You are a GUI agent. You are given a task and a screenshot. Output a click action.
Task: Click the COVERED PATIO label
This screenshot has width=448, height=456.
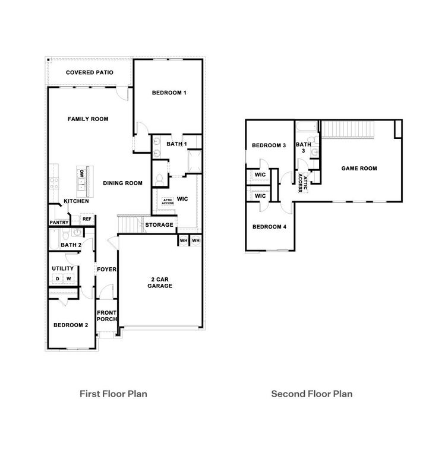click(90, 72)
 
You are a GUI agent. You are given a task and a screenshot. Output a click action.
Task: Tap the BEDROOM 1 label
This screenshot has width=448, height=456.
click(169, 93)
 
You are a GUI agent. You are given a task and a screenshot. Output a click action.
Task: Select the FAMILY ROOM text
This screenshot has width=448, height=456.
click(88, 119)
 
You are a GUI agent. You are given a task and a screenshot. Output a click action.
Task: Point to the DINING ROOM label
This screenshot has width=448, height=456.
click(122, 183)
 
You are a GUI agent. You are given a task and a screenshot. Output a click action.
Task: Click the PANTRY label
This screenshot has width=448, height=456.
click(59, 223)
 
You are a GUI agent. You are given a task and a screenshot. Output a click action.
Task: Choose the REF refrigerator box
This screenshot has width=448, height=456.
click(87, 219)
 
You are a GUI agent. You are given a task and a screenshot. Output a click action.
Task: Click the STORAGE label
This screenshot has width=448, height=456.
click(160, 225)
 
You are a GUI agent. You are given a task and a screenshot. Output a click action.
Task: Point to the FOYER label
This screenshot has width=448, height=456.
click(107, 270)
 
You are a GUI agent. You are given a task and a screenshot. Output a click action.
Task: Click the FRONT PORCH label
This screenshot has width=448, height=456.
click(107, 316)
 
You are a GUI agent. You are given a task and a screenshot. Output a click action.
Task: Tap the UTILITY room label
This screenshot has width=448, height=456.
click(62, 269)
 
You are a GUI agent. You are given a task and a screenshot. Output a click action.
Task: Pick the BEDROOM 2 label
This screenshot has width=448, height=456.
click(71, 325)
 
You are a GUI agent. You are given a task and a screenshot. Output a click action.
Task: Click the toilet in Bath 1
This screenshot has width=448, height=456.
click(160, 179)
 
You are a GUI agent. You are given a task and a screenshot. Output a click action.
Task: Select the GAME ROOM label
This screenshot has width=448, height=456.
click(359, 169)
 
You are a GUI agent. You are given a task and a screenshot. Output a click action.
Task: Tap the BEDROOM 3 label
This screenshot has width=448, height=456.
click(269, 145)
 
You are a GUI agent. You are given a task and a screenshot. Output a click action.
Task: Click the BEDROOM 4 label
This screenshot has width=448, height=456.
click(269, 227)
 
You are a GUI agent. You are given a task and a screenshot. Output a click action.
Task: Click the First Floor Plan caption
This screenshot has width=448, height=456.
click(113, 393)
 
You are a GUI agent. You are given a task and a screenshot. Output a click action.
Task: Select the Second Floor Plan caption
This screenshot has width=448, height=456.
click(312, 393)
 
